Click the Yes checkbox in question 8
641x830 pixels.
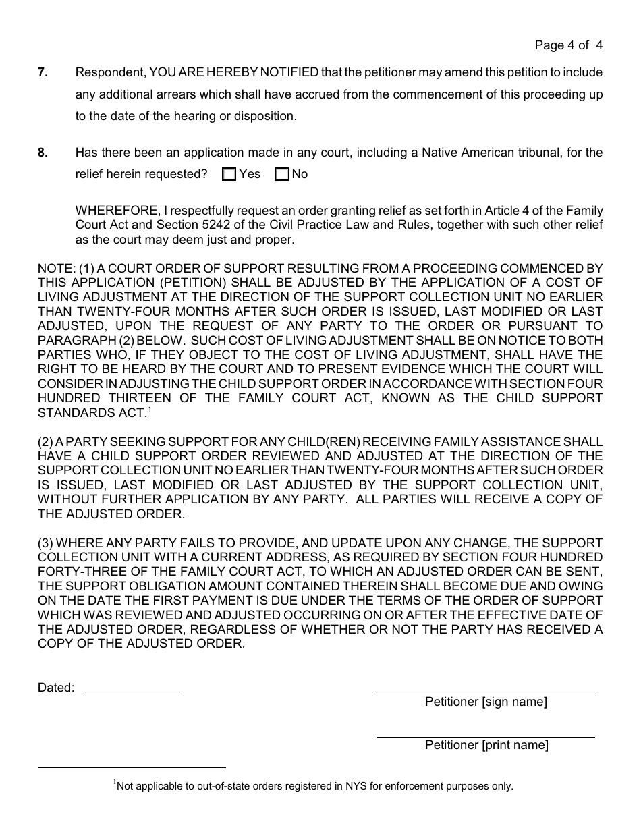pyautogui.click(x=229, y=175)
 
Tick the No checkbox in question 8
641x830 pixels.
pyautogui.click(x=281, y=175)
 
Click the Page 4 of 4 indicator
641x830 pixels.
pyautogui.click(x=568, y=45)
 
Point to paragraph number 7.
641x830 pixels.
pyautogui.click(x=43, y=72)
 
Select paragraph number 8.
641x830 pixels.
pyautogui.click(x=43, y=153)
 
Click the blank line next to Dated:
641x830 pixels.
pyautogui.click(x=130, y=693)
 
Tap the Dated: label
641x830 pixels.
pyautogui.click(x=56, y=688)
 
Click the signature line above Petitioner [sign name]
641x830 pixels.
pyautogui.click(x=486, y=693)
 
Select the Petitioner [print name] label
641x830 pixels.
pyautogui.click(x=486, y=745)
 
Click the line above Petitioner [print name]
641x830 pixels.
pyautogui.click(x=486, y=736)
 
